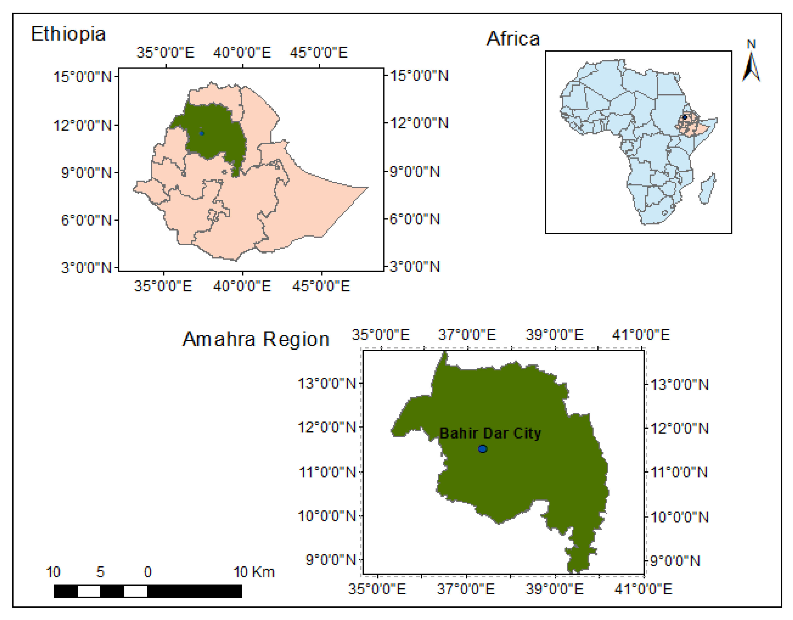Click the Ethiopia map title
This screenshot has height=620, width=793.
(x=68, y=35)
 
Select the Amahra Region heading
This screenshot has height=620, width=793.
(x=256, y=339)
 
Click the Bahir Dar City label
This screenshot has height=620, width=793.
(x=490, y=433)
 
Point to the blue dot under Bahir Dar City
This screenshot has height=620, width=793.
(x=482, y=449)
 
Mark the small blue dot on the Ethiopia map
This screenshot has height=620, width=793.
(x=202, y=133)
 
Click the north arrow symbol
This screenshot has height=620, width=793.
(x=751, y=67)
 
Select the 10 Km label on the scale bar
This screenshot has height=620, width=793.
(x=254, y=572)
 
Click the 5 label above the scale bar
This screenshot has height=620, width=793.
(x=100, y=572)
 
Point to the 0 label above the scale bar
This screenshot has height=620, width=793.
(x=147, y=572)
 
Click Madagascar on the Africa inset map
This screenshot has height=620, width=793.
(x=707, y=189)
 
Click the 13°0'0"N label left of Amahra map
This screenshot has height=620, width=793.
(x=327, y=383)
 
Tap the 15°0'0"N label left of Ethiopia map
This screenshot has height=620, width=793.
(x=82, y=77)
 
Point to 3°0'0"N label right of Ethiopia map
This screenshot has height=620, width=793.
(x=415, y=267)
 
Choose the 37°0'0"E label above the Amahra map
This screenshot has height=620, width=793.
(x=467, y=335)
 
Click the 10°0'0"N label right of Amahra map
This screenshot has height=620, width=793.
(x=679, y=517)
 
